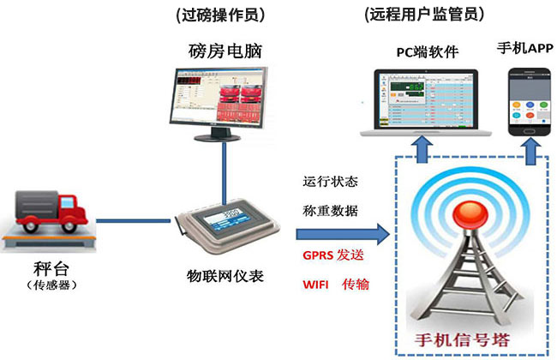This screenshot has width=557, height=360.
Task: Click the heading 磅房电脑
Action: coord(222,51)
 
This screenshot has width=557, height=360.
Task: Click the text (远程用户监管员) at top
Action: coord(424,14)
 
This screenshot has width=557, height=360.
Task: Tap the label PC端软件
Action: coord(426,52)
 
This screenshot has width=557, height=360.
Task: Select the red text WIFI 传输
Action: coord(335,283)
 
